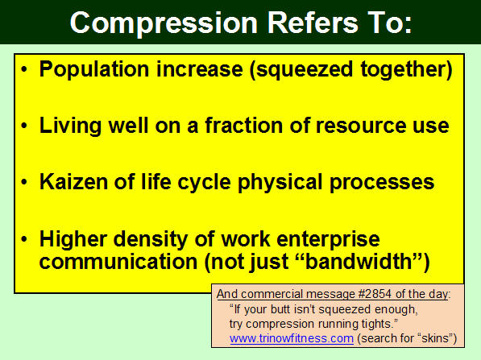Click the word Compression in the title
164,24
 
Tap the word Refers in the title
313,23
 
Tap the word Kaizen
74,182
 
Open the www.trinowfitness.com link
292,339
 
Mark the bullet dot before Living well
24,126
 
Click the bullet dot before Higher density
24,239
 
